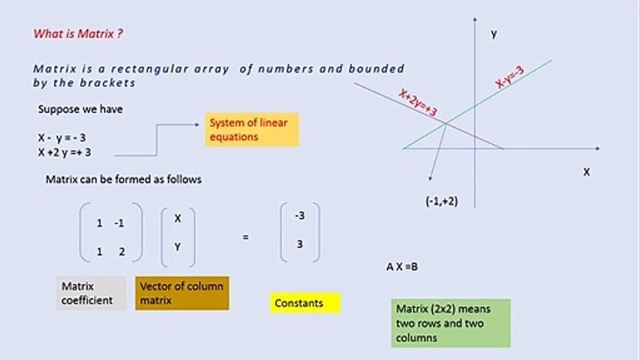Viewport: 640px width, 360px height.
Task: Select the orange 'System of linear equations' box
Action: [252, 130]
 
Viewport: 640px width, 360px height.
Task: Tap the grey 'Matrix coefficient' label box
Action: [92, 293]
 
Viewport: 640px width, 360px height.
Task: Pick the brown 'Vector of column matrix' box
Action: [182, 293]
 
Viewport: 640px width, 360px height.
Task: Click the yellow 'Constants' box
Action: [305, 303]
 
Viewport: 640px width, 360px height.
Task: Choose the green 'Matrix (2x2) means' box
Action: [451, 323]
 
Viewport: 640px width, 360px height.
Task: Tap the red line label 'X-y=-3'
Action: [509, 77]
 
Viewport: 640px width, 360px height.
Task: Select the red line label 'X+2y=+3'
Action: [418, 103]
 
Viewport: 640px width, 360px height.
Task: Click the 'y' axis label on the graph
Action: [494, 33]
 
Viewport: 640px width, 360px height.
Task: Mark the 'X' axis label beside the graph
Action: [586, 172]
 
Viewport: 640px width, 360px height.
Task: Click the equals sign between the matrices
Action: [245, 237]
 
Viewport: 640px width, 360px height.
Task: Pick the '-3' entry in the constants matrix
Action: [299, 216]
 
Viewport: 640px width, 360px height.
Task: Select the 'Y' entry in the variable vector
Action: [178, 245]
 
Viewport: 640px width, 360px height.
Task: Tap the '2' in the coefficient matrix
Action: [122, 252]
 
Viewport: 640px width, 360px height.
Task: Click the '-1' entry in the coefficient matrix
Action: [119, 223]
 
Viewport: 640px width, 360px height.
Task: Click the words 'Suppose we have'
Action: [80, 109]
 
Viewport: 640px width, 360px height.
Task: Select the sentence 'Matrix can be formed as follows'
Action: [123, 180]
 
